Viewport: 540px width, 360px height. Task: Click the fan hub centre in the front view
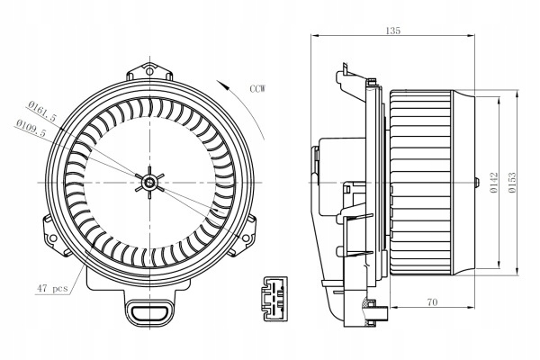pyautogui.click(x=148, y=184)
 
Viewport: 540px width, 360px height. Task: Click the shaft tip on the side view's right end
pyautogui.click(x=474, y=184)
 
